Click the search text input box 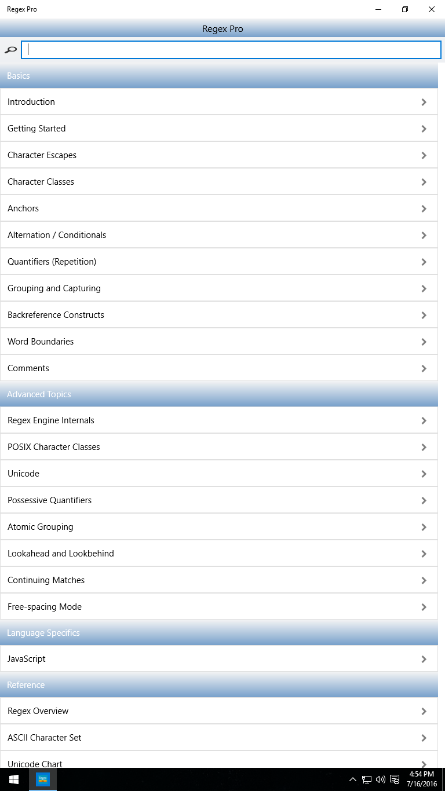click(231, 50)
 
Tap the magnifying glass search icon click(10, 50)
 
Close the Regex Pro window click(431, 9)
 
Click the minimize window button click(378, 9)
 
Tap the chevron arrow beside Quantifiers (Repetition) click(424, 262)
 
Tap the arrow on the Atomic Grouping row click(424, 527)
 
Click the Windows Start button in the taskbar click(14, 779)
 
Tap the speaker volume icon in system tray click(381, 779)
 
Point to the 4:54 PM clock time click(421, 774)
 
